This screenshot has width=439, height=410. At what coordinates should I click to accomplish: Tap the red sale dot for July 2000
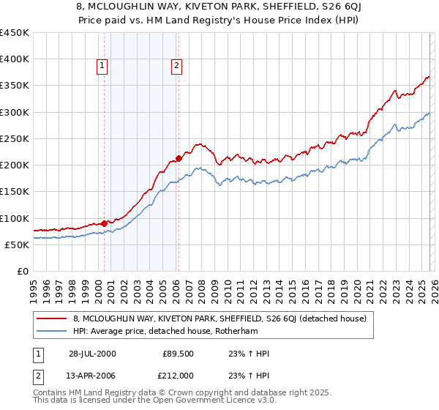105,223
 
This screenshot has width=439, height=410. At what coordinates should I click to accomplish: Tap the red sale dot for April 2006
179,159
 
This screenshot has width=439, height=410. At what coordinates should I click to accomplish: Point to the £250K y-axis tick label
14,139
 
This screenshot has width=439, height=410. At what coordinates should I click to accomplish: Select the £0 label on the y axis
22,271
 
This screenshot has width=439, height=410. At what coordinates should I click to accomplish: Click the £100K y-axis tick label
14,218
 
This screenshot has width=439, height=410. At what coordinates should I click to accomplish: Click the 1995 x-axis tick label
34,289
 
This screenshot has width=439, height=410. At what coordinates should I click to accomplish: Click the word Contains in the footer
50,394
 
